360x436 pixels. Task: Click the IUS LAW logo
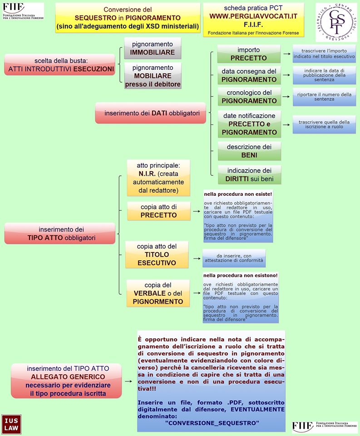click(x=10, y=424)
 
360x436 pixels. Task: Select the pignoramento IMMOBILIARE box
click(x=153, y=49)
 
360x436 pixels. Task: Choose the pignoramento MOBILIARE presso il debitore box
click(x=153, y=75)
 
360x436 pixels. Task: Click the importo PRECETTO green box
click(x=249, y=54)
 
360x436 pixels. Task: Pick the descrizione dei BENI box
click(x=249, y=151)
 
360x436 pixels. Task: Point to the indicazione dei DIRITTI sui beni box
click(x=249, y=174)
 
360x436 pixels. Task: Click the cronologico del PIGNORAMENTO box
click(x=249, y=96)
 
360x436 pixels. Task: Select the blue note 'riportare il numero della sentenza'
click(x=324, y=97)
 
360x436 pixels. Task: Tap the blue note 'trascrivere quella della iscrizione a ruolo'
click(x=324, y=124)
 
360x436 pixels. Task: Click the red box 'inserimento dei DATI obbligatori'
click(x=151, y=113)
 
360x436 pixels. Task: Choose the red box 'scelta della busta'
click(x=59, y=64)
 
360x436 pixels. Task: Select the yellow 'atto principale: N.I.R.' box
click(x=152, y=178)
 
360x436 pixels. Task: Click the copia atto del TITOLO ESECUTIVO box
click(x=157, y=254)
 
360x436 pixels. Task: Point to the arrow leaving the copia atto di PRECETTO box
click(x=196, y=211)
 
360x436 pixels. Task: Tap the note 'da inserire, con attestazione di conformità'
click(x=234, y=258)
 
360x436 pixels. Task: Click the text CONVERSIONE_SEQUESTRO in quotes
click(x=212, y=423)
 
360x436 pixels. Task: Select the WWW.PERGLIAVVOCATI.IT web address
click(x=253, y=16)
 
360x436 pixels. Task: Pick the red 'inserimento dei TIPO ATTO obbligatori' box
click(x=59, y=233)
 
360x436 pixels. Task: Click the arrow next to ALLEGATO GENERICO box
click(x=130, y=381)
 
